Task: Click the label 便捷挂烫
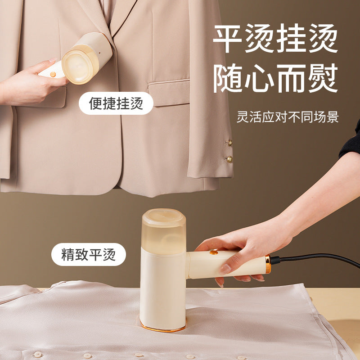[x=116, y=103]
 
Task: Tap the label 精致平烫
[x=88, y=254]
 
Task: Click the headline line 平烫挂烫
[x=275, y=38]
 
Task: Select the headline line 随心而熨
[x=275, y=78]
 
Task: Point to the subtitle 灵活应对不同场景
[x=288, y=117]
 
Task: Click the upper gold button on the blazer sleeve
[x=229, y=143]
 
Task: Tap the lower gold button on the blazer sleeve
[x=229, y=159]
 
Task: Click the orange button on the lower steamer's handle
[x=214, y=252]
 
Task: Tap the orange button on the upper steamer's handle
[x=53, y=74]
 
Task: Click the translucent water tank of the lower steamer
[x=164, y=231]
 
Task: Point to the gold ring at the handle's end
[x=268, y=265]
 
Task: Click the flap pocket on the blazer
[x=169, y=93]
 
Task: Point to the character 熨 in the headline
[x=323, y=78]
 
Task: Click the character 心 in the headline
[x=260, y=78]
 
